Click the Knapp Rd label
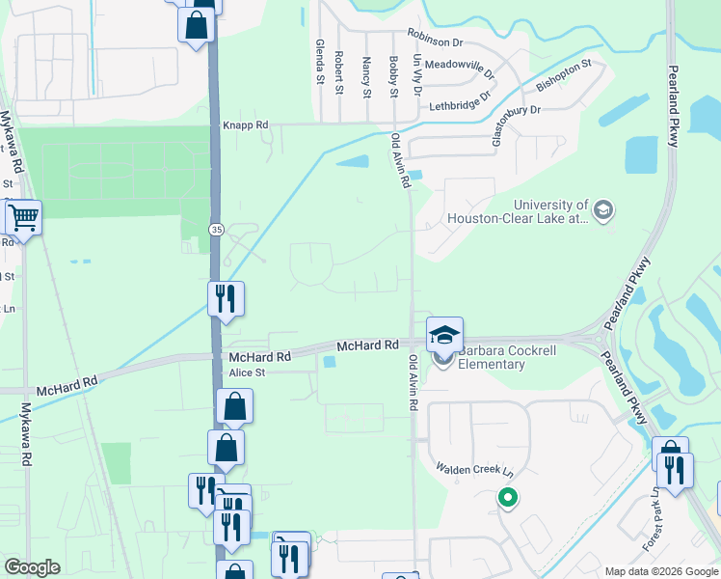[246, 125]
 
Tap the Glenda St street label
[319, 62]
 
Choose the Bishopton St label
[563, 75]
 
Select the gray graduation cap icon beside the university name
[603, 210]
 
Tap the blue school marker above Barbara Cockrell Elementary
[445, 335]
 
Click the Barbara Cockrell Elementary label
[492, 357]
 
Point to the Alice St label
[247, 372]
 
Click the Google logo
[32, 567]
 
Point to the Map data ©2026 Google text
[660, 571]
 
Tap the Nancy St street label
[366, 76]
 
